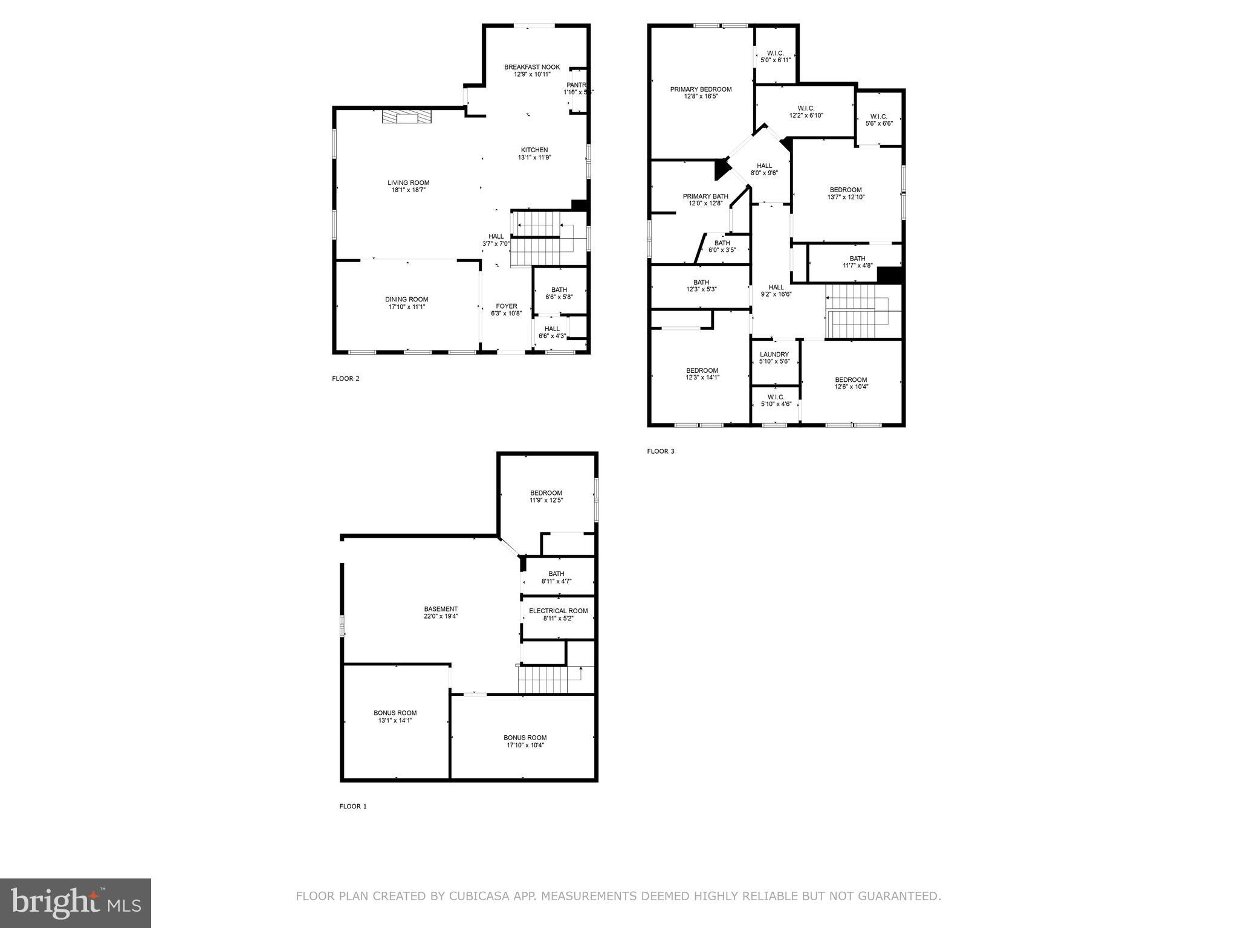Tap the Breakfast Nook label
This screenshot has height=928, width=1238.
tap(532, 67)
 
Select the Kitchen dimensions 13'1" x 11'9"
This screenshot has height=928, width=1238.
tap(534, 158)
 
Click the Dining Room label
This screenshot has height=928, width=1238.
tap(406, 299)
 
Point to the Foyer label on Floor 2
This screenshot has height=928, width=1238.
tap(507, 306)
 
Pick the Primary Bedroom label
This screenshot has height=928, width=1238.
tap(701, 89)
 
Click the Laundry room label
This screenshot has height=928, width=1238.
tap(774, 354)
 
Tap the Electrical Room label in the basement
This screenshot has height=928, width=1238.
tap(558, 611)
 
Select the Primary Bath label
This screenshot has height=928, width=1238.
tap(705, 196)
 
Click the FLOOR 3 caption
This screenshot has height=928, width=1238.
tap(660, 451)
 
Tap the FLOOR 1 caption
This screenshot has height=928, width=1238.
tap(352, 807)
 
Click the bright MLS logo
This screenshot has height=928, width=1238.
tap(76, 903)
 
